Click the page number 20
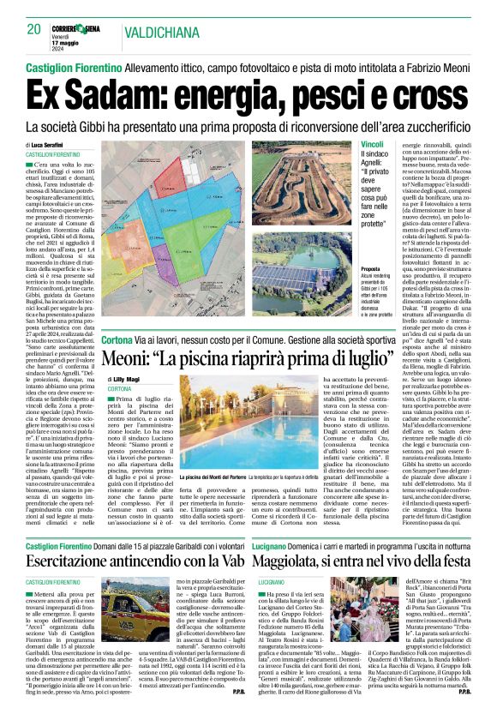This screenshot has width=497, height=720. [x=34, y=29]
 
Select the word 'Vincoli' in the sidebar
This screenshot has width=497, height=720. [x=373, y=143]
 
